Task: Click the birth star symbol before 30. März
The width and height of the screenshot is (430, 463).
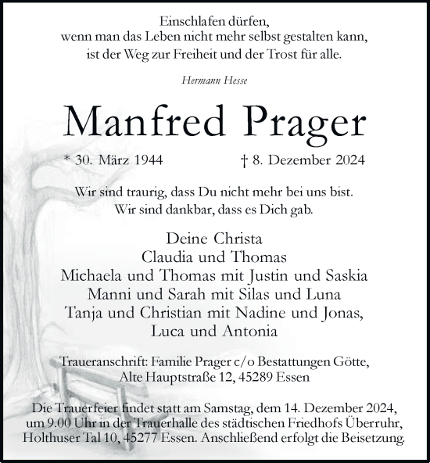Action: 68,161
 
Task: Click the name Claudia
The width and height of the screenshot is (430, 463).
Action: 169,257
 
